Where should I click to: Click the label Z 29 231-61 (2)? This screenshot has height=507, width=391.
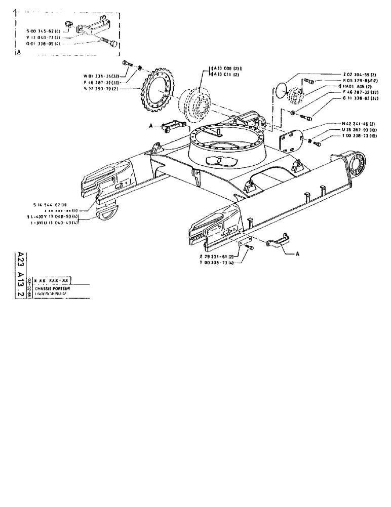click(x=219, y=257)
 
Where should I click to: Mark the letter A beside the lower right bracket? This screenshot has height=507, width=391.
click(x=297, y=255)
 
